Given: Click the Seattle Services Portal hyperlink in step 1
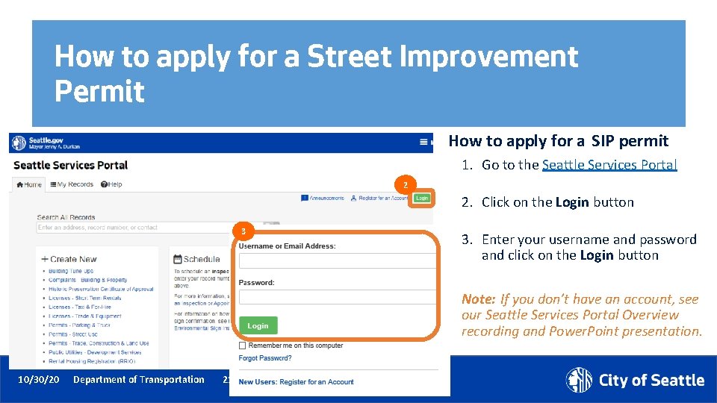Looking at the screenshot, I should tap(609, 165).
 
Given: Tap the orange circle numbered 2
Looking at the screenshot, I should tap(405, 185).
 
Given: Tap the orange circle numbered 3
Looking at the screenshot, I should tap(243, 231).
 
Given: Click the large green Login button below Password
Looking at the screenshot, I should tap(258, 325).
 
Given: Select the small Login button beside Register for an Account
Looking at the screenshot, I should tap(421, 198).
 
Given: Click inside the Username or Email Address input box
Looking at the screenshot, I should tap(336, 260).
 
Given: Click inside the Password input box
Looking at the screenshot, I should tap(336, 297).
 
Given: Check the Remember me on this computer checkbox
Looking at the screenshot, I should tap(242, 346).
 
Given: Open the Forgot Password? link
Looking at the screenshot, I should tap(265, 358).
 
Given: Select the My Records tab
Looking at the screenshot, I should tap(72, 184).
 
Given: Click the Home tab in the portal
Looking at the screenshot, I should tap(29, 184).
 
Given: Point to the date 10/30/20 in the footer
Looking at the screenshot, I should tap(38, 380).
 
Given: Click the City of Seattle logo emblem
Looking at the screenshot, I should tap(579, 380).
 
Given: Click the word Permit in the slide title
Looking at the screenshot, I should tap(99, 91).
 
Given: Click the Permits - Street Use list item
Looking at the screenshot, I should tap(73, 334).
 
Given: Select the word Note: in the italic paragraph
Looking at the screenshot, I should tap(478, 299).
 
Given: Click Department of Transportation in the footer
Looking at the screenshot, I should tap(139, 380).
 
